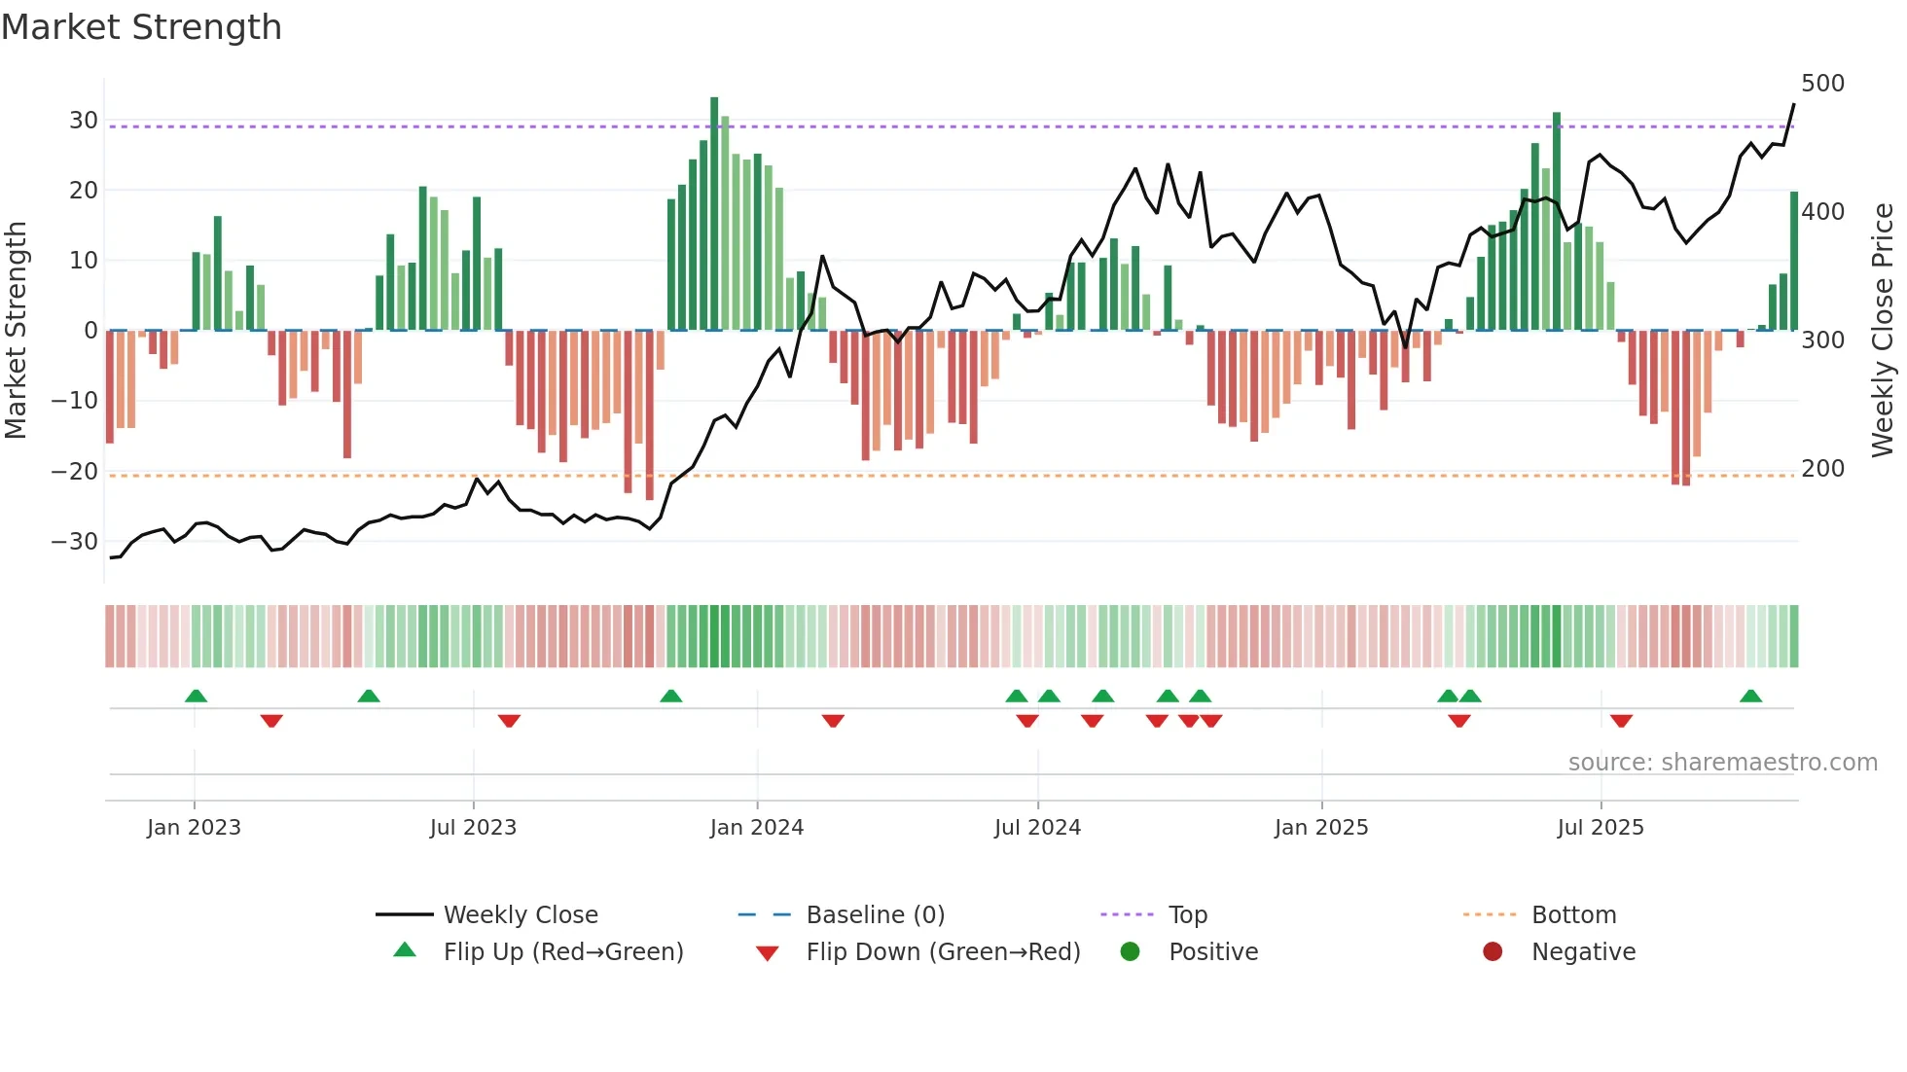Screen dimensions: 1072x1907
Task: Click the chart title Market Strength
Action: pos(141,27)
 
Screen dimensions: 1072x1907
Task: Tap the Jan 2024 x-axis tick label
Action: pos(756,828)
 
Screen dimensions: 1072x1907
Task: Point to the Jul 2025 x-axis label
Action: pos(1600,828)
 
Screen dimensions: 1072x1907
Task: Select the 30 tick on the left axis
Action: pos(84,121)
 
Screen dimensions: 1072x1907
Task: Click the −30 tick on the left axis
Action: pos(75,542)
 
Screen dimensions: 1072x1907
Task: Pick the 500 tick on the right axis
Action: pos(1822,84)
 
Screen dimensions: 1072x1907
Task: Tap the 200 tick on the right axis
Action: pos(1822,469)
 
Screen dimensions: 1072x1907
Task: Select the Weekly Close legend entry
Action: pos(520,915)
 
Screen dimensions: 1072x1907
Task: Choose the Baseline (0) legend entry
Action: pos(875,915)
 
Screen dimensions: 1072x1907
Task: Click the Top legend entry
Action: pos(1187,915)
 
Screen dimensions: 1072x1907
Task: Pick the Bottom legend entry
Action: pos(1573,915)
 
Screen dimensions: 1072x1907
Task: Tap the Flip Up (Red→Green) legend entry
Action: pos(562,952)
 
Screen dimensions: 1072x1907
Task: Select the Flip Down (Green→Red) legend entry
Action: pos(942,952)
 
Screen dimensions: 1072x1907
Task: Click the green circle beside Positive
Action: pos(1130,952)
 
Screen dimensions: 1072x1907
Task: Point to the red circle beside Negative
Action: pos(1493,952)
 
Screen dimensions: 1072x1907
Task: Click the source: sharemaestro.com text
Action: pos(1722,763)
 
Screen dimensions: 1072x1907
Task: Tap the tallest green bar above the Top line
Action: pos(714,107)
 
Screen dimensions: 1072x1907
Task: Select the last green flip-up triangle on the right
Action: pos(1750,697)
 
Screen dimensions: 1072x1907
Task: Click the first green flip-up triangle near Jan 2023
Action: pos(196,697)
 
